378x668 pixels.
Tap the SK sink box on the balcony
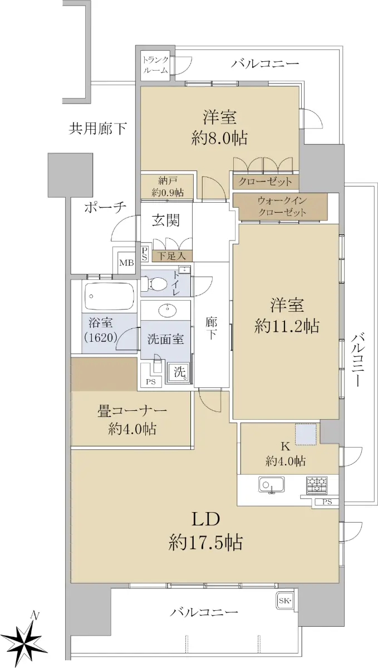(284, 601)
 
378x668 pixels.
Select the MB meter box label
(126, 263)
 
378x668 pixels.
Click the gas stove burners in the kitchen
(317, 484)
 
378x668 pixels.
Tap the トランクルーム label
(155, 65)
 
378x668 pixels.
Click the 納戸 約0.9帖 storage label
(168, 187)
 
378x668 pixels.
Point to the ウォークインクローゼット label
(282, 207)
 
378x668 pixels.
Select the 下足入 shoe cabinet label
(171, 256)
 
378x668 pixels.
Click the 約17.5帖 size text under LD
(205, 542)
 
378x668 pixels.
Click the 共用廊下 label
(97, 129)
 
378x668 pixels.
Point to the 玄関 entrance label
(166, 220)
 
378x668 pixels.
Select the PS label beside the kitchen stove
(327, 502)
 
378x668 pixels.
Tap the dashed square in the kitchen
(306, 434)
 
